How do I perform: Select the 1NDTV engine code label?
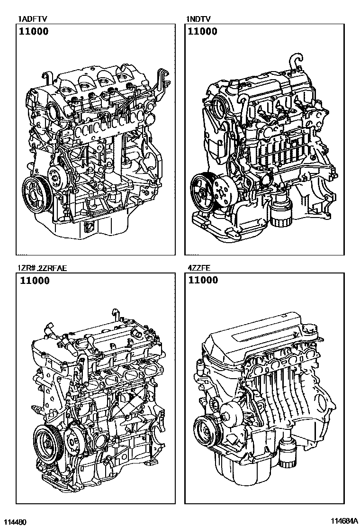tap(199, 19)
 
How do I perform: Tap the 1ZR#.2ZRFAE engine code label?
tap(43, 268)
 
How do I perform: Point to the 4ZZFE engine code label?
tap(199, 268)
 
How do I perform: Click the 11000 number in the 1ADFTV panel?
tap(34, 31)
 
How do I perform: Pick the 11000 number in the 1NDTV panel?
tap(203, 31)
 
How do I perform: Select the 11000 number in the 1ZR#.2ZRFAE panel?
tap(35, 280)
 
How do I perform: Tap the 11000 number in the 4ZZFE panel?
tap(203, 280)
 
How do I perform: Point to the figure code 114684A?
tap(343, 521)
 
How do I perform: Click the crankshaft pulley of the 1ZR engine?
tap(47, 444)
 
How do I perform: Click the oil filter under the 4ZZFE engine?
tap(287, 454)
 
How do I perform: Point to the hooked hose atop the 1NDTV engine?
tap(296, 62)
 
